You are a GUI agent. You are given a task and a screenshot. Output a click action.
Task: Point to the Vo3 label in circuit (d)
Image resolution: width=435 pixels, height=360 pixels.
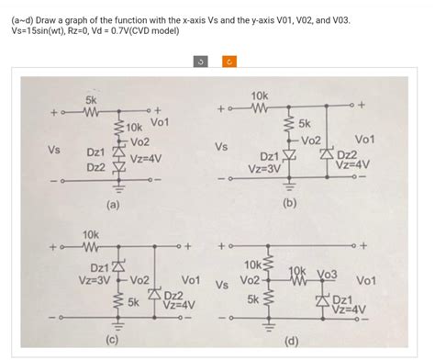point(327,274)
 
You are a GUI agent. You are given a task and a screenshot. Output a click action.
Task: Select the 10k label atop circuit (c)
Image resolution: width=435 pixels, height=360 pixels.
point(92,236)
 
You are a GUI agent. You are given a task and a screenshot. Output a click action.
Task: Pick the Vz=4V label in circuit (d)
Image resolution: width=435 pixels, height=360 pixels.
point(350,309)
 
